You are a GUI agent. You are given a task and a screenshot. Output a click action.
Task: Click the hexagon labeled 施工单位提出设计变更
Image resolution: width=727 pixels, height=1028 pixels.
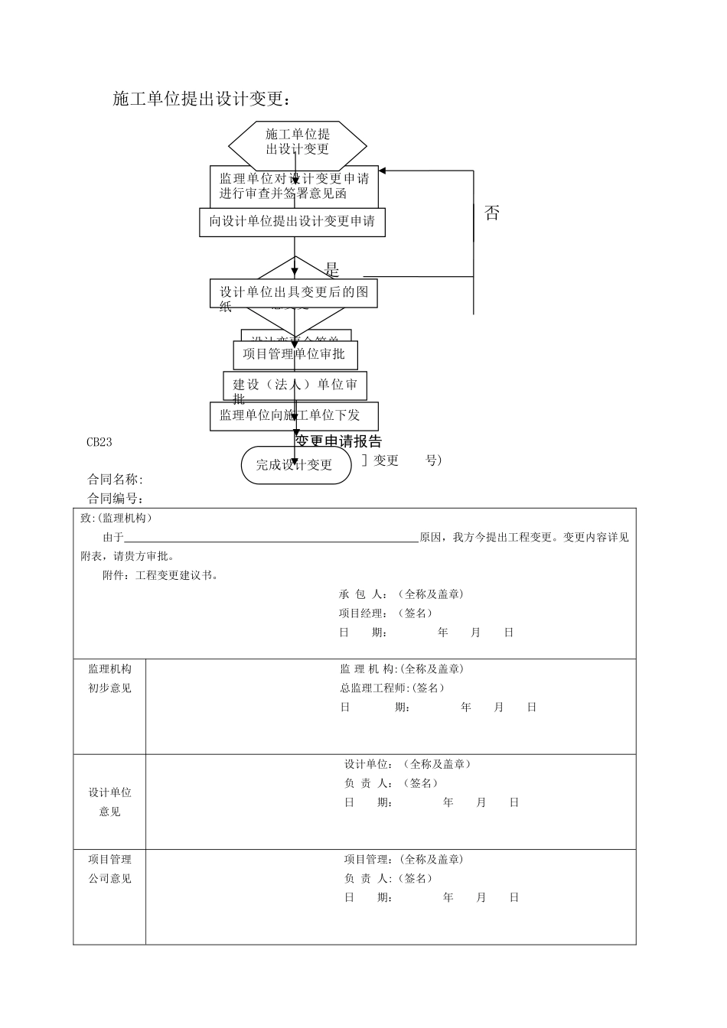pyautogui.click(x=297, y=142)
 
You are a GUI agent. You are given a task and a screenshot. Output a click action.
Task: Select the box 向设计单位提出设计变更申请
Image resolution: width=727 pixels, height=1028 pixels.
pyautogui.click(x=292, y=222)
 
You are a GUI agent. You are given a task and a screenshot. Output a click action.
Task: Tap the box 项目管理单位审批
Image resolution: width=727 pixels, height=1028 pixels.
pyautogui.click(x=295, y=354)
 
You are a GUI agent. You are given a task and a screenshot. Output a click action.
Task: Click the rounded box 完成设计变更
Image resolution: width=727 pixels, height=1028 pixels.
pyautogui.click(x=295, y=465)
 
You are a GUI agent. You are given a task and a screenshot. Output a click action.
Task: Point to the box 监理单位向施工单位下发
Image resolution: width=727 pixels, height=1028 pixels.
pyautogui.click(x=294, y=416)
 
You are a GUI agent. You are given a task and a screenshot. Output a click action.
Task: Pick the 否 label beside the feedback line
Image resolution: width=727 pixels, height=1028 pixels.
pyautogui.click(x=492, y=213)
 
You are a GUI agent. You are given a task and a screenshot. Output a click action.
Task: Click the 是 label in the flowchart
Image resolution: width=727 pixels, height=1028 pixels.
pyautogui.click(x=332, y=270)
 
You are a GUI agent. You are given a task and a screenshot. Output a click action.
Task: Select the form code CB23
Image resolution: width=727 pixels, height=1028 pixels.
pyautogui.click(x=99, y=442)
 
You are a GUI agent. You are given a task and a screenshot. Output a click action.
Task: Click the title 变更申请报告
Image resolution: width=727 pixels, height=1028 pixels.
pyautogui.click(x=338, y=442)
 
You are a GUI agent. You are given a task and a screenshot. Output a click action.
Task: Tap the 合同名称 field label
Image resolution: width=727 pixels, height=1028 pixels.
pyautogui.click(x=115, y=480)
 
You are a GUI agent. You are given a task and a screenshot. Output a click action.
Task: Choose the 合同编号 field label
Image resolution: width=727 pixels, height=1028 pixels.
pyautogui.click(x=115, y=499)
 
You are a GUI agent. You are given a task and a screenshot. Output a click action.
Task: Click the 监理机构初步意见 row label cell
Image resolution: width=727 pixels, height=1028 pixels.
pyautogui.click(x=109, y=678)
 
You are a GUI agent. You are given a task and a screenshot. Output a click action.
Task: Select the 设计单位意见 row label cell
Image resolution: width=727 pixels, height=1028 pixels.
pyautogui.click(x=109, y=802)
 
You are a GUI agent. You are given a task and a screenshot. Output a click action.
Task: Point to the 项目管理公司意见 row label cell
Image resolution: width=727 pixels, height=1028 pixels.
pyautogui.click(x=109, y=869)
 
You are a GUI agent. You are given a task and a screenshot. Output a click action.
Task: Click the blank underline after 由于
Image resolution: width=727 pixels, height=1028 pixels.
pyautogui.click(x=272, y=538)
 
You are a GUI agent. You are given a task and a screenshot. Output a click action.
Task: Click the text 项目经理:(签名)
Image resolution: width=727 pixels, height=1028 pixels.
pyautogui.click(x=385, y=613)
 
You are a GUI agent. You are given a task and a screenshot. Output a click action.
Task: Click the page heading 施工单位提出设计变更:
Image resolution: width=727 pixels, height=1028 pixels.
pyautogui.click(x=201, y=99)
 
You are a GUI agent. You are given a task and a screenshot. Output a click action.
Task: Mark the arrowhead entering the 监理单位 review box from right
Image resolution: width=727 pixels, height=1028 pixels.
pyautogui.click(x=383, y=171)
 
